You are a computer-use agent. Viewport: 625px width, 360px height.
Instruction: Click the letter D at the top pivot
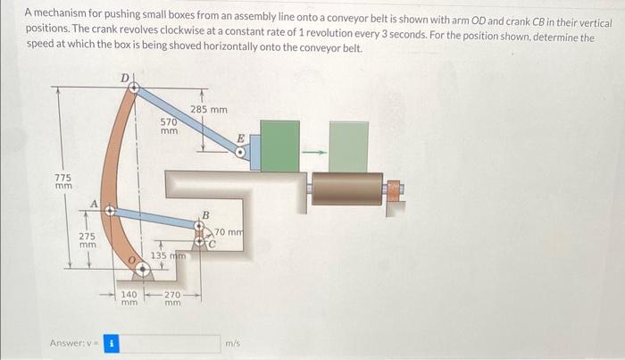coord(126,78)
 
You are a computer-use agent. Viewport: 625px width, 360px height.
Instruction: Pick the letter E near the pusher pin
coord(239,139)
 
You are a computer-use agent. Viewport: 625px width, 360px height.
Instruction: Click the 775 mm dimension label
coord(63,182)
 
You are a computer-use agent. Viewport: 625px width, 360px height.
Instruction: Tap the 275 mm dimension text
coord(87,239)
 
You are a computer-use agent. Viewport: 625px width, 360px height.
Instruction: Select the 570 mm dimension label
coord(169,126)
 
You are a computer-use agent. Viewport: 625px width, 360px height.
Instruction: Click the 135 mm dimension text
coord(168,256)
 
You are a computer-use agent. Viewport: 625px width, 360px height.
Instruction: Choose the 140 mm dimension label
coord(129,297)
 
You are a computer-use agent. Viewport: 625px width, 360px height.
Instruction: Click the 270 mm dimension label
coord(173,297)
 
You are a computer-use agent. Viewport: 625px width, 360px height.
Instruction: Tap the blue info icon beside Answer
coord(112,342)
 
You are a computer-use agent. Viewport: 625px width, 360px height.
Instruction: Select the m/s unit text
coord(232,343)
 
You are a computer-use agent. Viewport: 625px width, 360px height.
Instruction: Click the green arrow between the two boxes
coord(313,150)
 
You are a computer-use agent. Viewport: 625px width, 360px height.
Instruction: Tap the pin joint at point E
coord(239,153)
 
